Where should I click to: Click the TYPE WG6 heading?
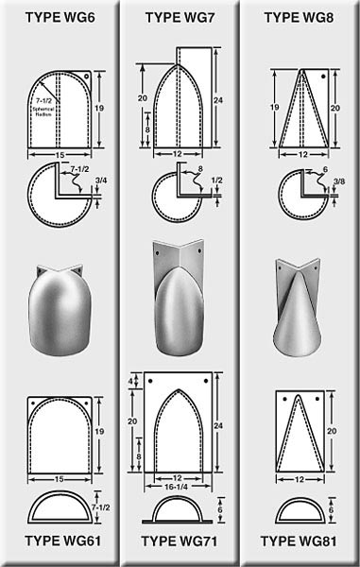(60, 16)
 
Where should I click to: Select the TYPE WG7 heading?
(180, 16)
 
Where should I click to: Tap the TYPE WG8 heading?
(299, 16)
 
